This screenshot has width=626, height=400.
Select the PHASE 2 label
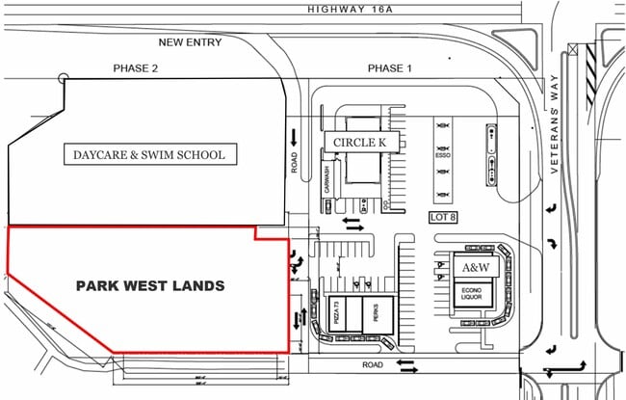135,69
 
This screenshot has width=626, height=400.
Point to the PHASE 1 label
389,69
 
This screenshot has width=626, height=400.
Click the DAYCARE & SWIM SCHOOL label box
149,154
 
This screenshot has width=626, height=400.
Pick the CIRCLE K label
359,143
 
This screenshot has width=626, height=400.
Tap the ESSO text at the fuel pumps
444,152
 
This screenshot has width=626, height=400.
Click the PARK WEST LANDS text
150,286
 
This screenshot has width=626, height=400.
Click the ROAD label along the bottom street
373,366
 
